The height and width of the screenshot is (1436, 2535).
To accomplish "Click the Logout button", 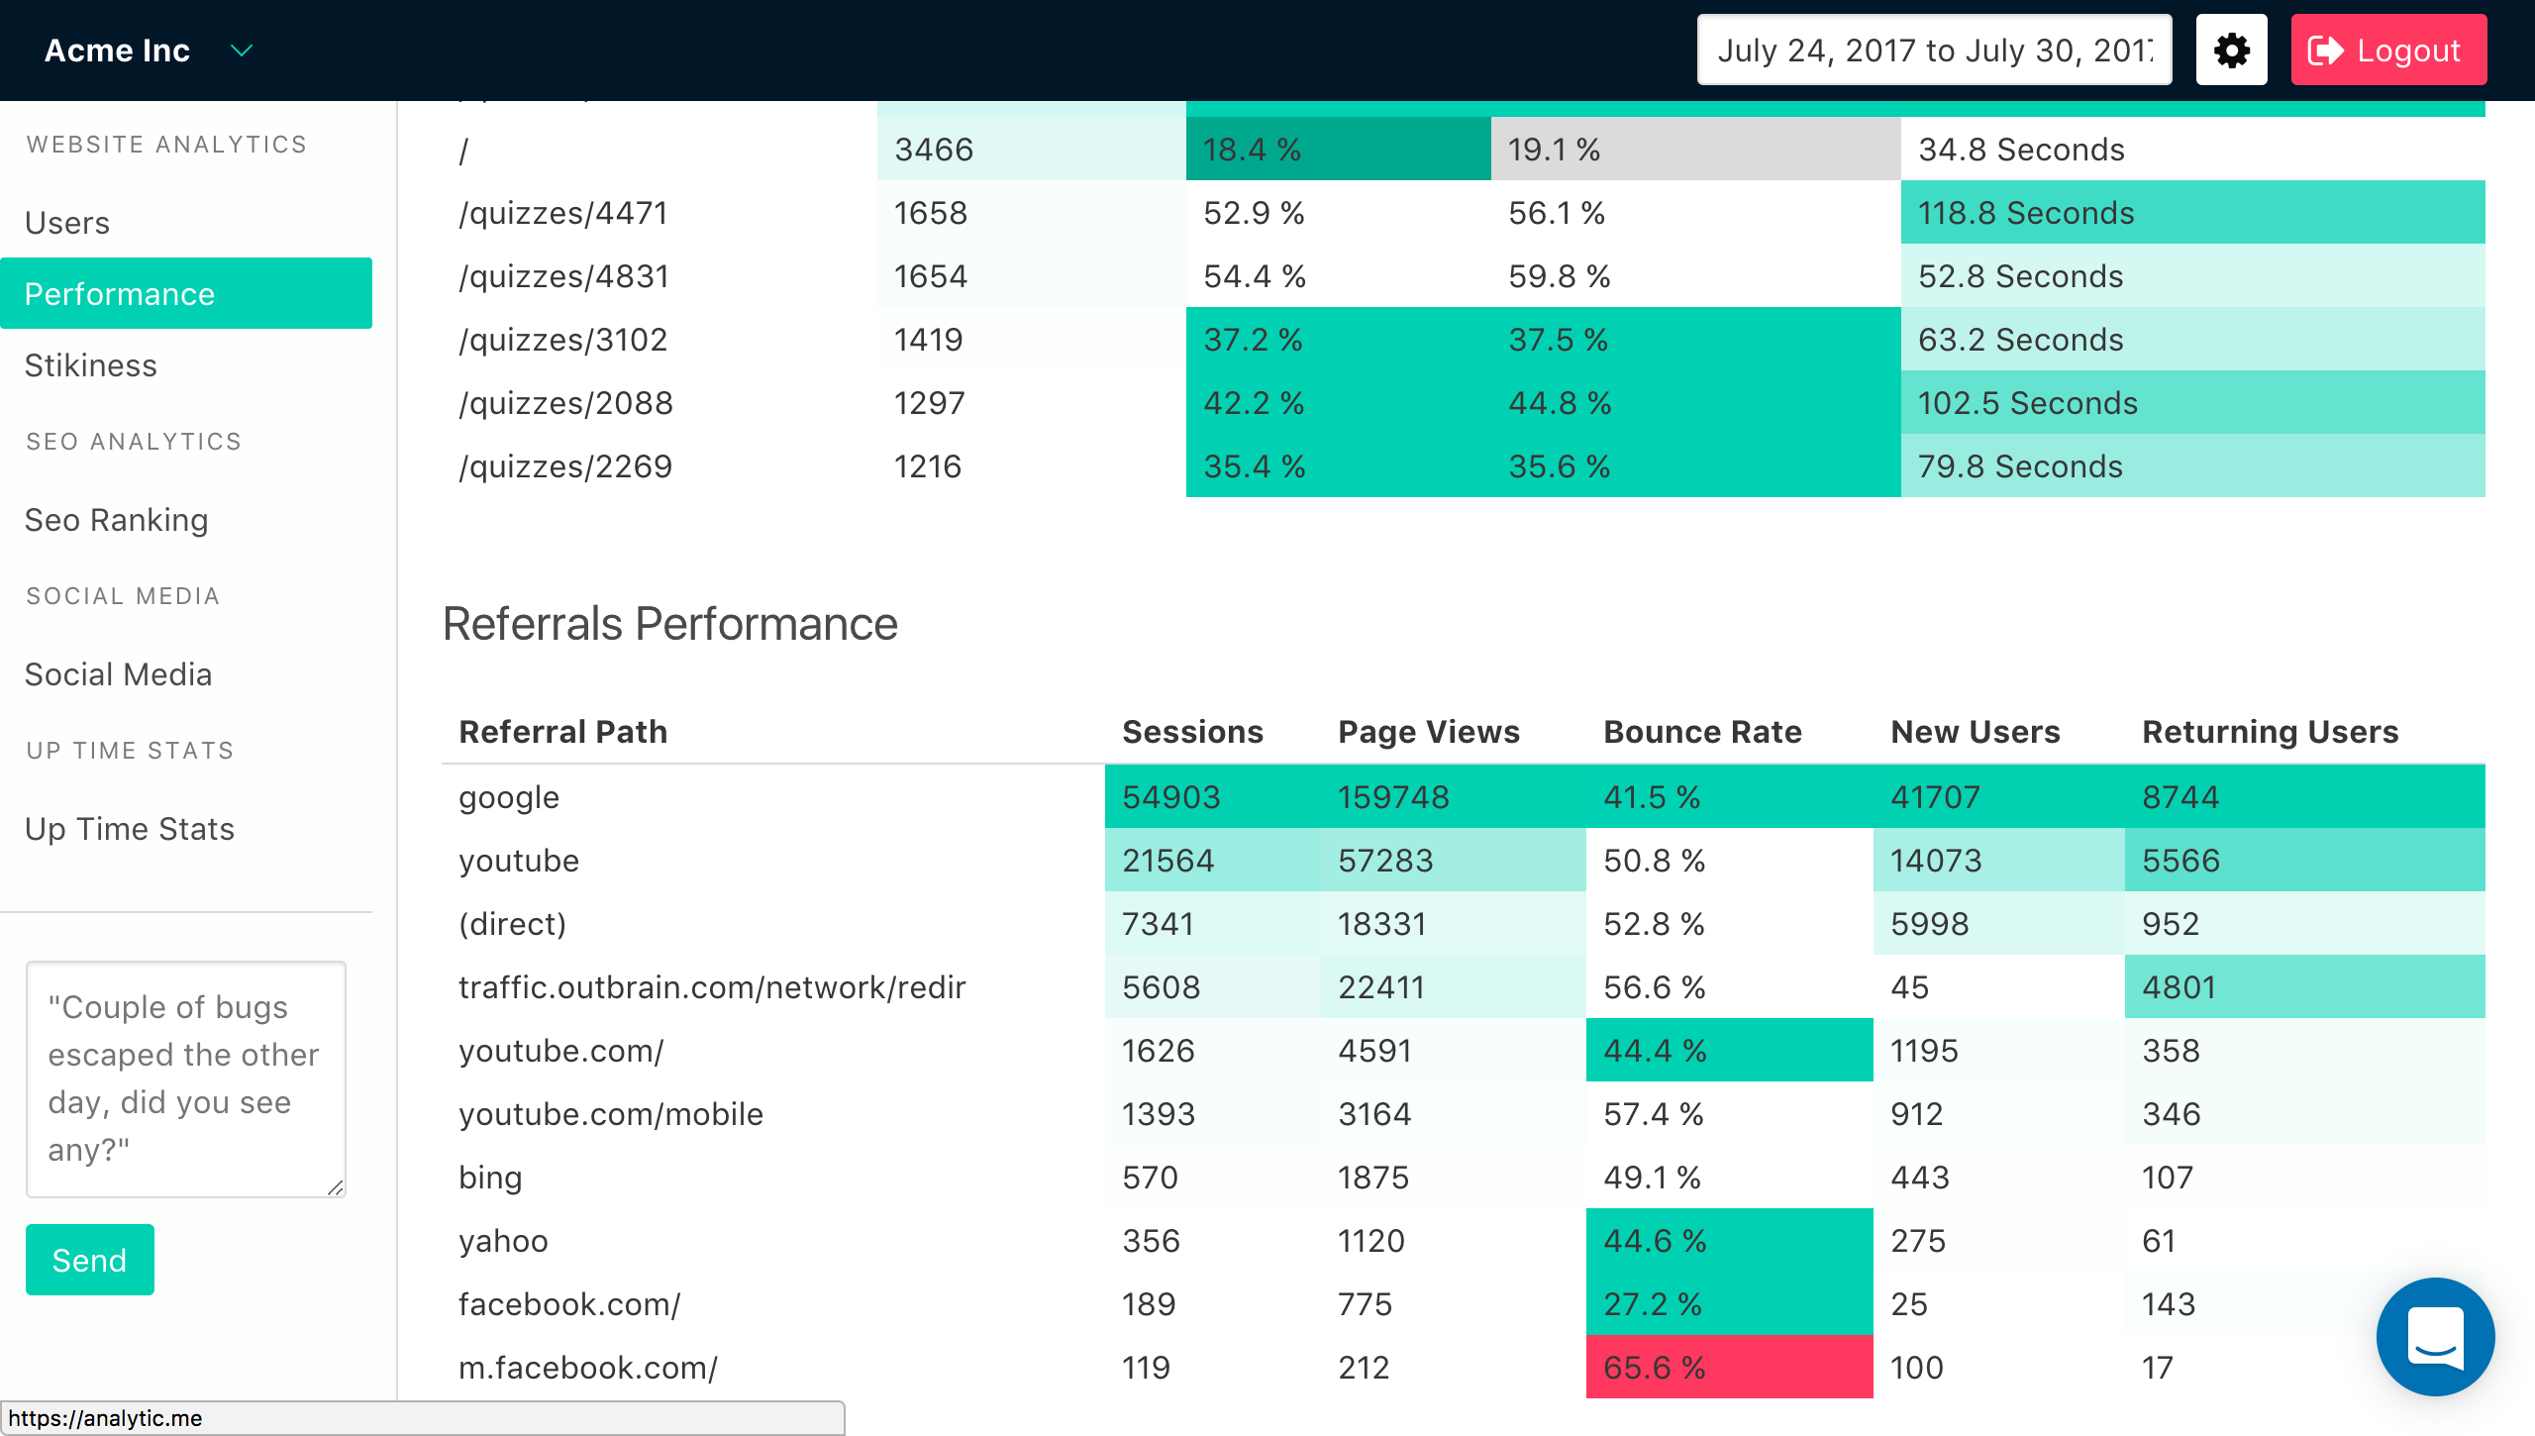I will tap(2386, 51).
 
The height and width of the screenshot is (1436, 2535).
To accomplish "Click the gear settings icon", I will tap(2231, 51).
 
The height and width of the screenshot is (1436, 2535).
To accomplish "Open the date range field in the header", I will tap(1933, 51).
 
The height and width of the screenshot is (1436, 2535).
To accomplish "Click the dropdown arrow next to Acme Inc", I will tap(241, 51).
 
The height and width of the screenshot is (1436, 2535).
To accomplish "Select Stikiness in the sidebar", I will tap(91, 365).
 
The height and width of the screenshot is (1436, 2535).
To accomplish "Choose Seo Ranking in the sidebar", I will tap(117, 520).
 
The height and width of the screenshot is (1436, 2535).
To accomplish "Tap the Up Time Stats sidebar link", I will tap(130, 829).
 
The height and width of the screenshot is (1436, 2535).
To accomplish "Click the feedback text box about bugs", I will tap(185, 1077).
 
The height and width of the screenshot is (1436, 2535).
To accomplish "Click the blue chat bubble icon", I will tap(2435, 1336).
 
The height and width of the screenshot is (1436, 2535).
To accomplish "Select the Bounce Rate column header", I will tap(1702, 732).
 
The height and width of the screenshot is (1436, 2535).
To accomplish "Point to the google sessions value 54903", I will tap(1171, 797).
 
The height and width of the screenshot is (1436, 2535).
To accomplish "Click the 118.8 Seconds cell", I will tap(2026, 213).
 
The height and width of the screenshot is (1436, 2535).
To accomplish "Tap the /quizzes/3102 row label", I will tap(563, 340).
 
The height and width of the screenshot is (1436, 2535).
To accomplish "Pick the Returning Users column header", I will tap(2270, 732).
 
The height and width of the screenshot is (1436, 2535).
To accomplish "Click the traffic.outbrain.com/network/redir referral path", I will tap(712, 987).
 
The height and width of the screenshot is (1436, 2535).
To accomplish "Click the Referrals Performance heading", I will tap(670, 624).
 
